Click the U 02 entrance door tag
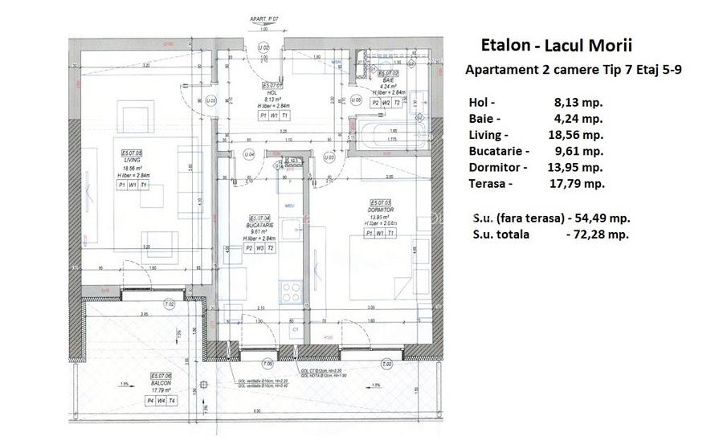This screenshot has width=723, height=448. tap(262, 48)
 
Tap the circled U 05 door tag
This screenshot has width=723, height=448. tap(210, 100)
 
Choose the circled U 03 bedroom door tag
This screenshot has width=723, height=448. tap(329, 158)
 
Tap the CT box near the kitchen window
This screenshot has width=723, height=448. tap(295, 329)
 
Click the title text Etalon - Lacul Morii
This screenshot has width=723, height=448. tap(562, 45)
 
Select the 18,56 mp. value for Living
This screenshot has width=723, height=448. tap(578, 135)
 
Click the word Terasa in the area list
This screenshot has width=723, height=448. tap(488, 183)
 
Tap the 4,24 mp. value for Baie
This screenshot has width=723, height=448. tap(578, 118)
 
